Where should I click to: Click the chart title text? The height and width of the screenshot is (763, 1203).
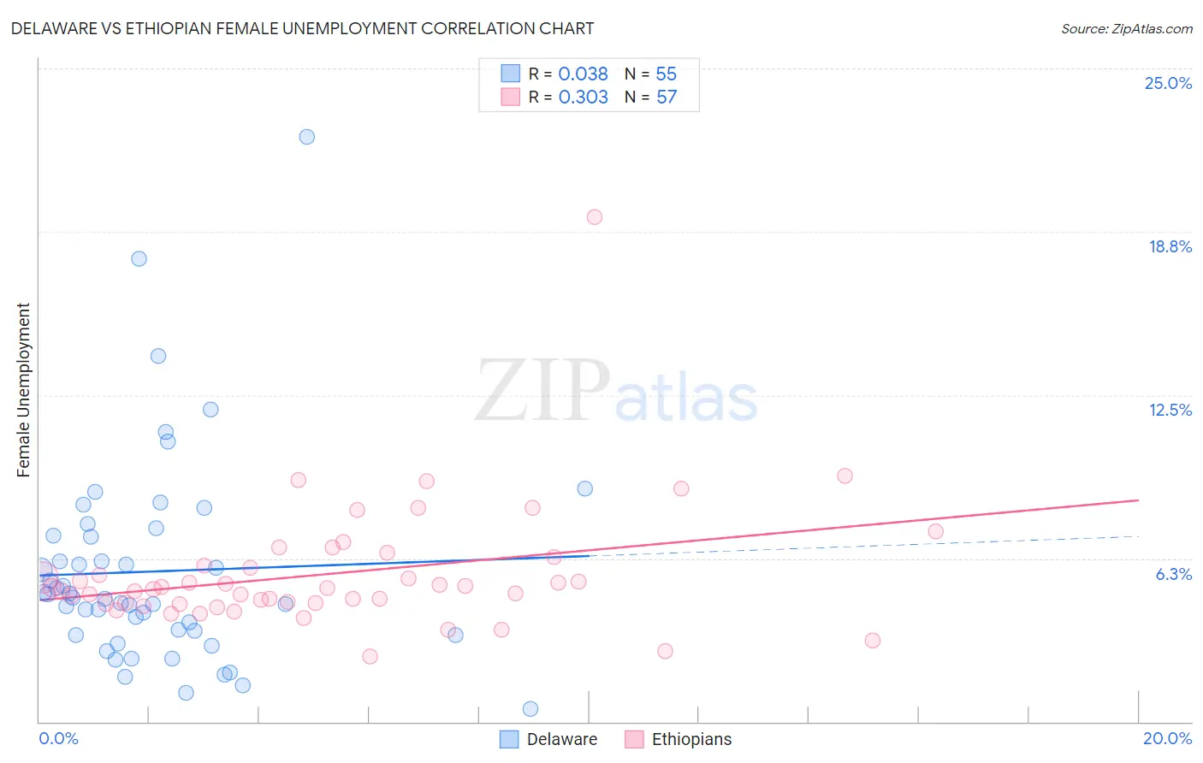[302, 28]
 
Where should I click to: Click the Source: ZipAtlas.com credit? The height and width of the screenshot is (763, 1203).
[1126, 28]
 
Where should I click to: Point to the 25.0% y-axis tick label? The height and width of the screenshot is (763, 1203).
[1168, 83]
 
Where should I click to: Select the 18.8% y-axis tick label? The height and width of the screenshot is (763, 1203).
[1170, 246]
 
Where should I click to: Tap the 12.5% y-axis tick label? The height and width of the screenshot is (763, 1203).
[1170, 410]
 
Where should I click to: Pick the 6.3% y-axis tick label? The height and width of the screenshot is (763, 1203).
[1173, 574]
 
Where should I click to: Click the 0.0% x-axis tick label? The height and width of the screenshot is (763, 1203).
[58, 738]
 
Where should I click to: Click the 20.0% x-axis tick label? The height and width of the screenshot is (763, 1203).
[1167, 738]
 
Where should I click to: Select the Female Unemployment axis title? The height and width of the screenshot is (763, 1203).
[24, 390]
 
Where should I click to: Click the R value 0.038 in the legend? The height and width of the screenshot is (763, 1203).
[583, 74]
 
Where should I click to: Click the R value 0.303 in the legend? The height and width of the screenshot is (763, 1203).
[583, 98]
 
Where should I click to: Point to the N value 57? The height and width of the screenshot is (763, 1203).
[667, 98]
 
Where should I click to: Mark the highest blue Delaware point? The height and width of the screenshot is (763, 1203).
[306, 137]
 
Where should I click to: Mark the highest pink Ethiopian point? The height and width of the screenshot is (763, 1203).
[594, 217]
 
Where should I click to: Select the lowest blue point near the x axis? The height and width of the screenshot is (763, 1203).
[530, 708]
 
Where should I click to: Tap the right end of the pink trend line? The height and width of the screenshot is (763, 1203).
[1138, 500]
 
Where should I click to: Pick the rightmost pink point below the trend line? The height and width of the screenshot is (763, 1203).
[872, 640]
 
